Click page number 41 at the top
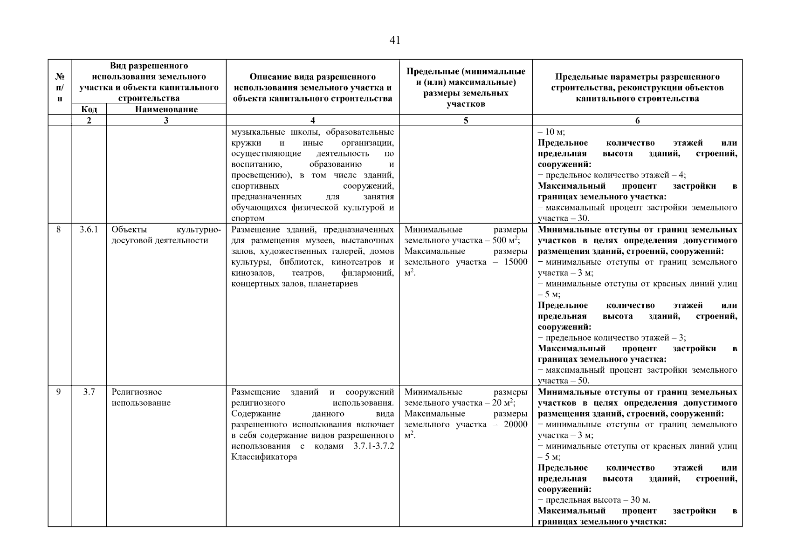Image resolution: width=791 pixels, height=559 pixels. (x=394, y=41)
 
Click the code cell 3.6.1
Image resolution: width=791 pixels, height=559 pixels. (x=89, y=230)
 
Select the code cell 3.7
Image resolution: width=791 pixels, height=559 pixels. (x=89, y=392)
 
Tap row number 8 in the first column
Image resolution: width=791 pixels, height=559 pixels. (x=58, y=230)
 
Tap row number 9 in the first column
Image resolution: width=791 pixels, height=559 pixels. (x=58, y=392)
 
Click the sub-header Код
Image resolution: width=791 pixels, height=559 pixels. (x=89, y=109)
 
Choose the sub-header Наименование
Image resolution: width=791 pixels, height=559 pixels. (x=166, y=109)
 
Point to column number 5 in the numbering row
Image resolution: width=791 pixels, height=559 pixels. (x=466, y=121)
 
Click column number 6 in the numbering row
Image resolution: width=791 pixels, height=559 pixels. (x=637, y=121)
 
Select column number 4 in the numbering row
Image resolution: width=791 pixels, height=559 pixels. (x=312, y=121)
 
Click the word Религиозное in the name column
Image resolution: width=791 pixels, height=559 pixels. (x=137, y=392)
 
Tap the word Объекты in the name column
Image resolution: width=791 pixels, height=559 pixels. (x=129, y=230)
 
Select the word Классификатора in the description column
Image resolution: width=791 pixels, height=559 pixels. (x=264, y=457)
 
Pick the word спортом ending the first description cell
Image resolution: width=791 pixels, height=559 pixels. (x=248, y=218)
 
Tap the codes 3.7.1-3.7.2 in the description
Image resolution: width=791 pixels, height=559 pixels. (x=373, y=446)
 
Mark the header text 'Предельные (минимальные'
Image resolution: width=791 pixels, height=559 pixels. (x=466, y=72)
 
